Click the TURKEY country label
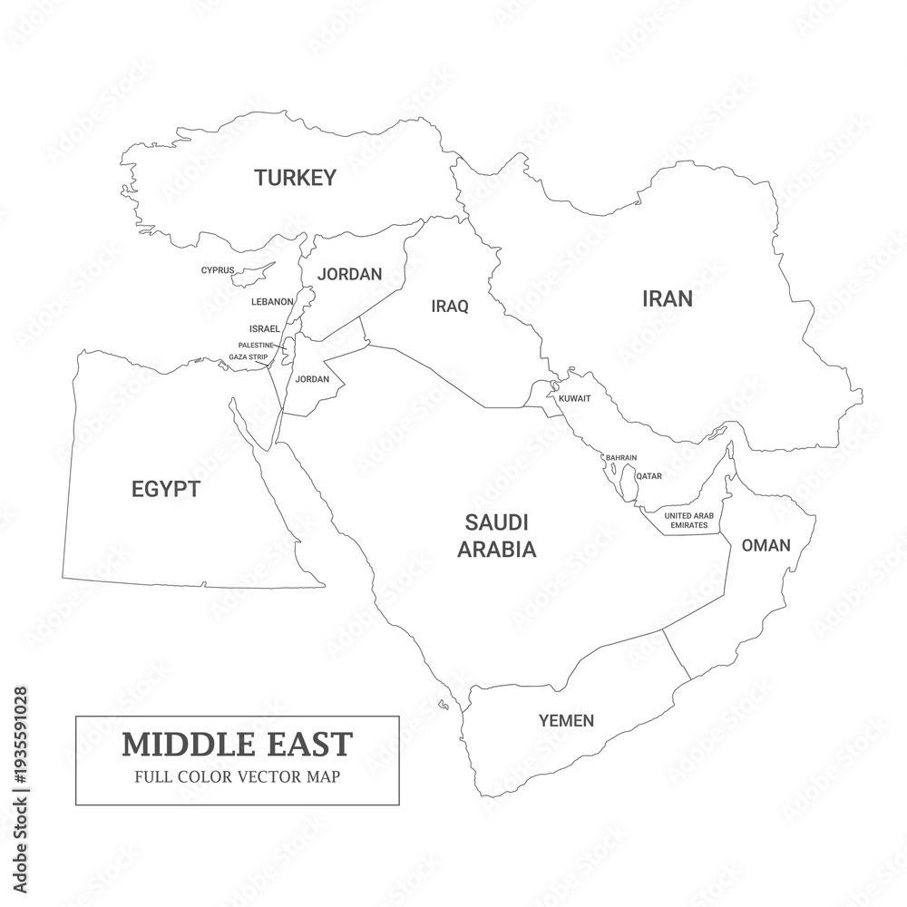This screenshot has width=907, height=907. (x=295, y=178)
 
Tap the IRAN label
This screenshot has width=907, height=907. (x=667, y=298)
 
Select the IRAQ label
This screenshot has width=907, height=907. (x=450, y=307)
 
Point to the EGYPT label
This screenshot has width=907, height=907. (x=165, y=490)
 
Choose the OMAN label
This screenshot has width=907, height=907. (x=766, y=546)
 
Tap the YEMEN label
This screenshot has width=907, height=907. (x=566, y=721)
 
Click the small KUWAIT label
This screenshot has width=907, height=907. (x=575, y=398)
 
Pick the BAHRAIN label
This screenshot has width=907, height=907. (x=621, y=457)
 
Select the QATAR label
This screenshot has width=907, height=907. (x=649, y=475)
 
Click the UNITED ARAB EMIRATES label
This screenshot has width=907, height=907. (x=689, y=521)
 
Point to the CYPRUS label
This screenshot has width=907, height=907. (x=218, y=269)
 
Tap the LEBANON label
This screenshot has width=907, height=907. (x=272, y=301)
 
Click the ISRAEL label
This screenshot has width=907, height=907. (x=264, y=328)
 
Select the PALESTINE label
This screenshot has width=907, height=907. (x=256, y=346)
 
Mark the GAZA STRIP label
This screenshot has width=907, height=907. (x=248, y=357)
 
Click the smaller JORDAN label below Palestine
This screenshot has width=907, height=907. (x=312, y=379)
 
